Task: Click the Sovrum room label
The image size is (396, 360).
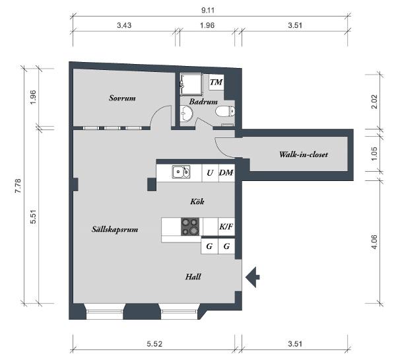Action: pyautogui.click(x=122, y=98)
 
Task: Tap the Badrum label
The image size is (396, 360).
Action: pyautogui.click(x=203, y=102)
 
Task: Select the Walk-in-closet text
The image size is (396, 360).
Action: pyautogui.click(x=304, y=154)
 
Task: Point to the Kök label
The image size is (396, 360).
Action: pyautogui.click(x=197, y=201)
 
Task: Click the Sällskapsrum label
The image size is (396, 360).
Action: pyautogui.click(x=115, y=230)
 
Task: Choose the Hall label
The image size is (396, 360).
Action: pyautogui.click(x=193, y=277)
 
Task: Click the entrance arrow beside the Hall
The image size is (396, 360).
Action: pyautogui.click(x=253, y=277)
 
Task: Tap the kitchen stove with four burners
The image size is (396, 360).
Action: pyautogui.click(x=190, y=227)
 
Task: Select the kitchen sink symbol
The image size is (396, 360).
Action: pyautogui.click(x=181, y=172)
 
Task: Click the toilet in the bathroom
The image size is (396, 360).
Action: pyautogui.click(x=225, y=111)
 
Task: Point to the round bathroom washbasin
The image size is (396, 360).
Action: pyautogui.click(x=186, y=114)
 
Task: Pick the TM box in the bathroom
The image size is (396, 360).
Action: pyautogui.click(x=216, y=82)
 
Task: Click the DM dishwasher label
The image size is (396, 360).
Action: pyautogui.click(x=226, y=172)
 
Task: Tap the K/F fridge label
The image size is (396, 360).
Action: pyautogui.click(x=226, y=227)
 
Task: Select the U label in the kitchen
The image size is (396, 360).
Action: pyautogui.click(x=210, y=172)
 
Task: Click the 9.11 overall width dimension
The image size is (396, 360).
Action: pyautogui.click(x=208, y=10)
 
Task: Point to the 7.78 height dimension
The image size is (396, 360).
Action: pyautogui.click(x=18, y=186)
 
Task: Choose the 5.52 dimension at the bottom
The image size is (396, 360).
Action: pyautogui.click(x=154, y=344)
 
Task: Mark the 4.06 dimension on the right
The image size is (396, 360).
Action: pyautogui.click(x=374, y=242)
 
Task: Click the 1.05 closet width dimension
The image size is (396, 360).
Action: pyautogui.click(x=374, y=153)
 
